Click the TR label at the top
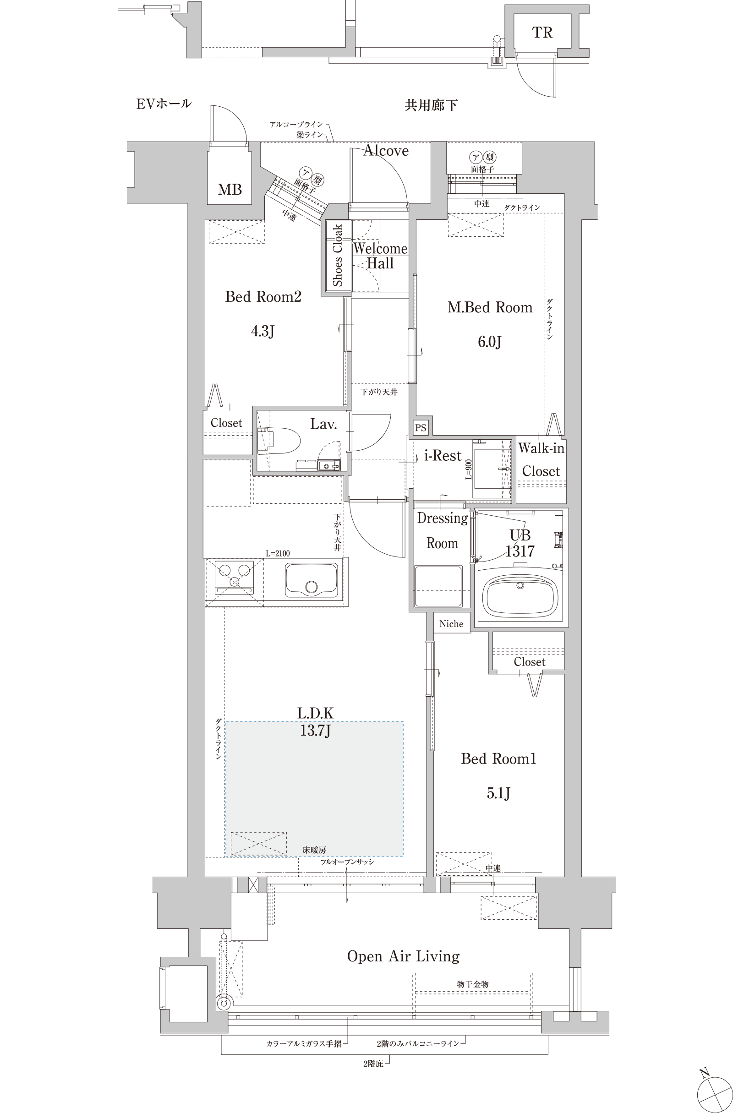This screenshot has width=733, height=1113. click(x=542, y=32)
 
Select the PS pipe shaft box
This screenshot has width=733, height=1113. click(x=421, y=427)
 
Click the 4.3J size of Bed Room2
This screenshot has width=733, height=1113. click(x=263, y=331)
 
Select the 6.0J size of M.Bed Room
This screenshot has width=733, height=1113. click(x=489, y=342)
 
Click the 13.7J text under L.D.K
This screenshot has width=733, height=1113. click(x=315, y=730)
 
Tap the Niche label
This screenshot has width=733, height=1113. click(x=451, y=624)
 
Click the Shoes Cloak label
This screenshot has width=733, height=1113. click(x=338, y=255)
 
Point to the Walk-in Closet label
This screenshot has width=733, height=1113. click(x=541, y=459)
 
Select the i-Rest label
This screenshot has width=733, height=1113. click(x=443, y=455)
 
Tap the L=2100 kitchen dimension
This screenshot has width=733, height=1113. click(x=278, y=554)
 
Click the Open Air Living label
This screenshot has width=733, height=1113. click(x=403, y=956)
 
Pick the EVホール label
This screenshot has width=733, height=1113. click(x=164, y=104)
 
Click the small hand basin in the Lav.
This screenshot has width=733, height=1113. click(x=326, y=465)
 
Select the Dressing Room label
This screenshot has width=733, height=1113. click(x=442, y=530)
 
